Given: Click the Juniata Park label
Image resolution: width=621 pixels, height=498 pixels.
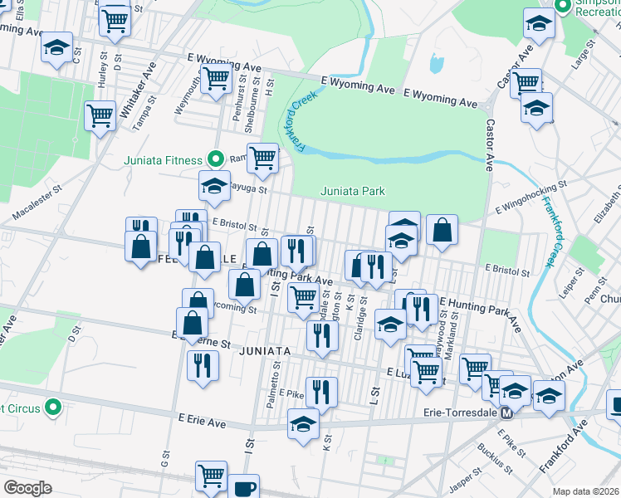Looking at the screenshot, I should point(353,192).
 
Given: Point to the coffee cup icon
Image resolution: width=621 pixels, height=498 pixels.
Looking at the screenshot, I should point(243,488).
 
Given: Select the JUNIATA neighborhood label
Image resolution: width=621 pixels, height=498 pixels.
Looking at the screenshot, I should point(264,351).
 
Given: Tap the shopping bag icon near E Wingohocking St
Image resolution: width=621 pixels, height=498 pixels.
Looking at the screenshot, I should point(443,230).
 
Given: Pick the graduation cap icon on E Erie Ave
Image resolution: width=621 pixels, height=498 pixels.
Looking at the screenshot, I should point(304,423).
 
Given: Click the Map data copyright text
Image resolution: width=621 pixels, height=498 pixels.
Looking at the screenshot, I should point(587,491).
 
